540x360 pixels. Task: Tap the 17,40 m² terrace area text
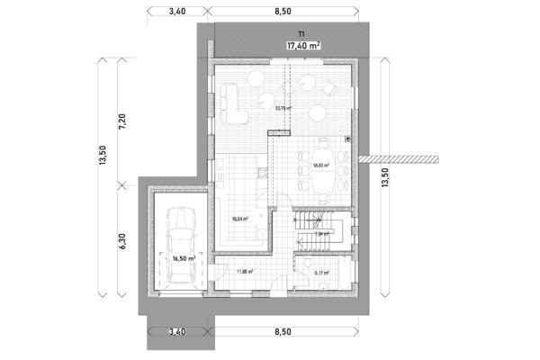(304, 44)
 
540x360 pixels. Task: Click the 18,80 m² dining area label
(320, 166)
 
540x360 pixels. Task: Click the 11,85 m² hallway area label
(244, 271)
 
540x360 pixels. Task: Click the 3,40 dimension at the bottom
(177, 332)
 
